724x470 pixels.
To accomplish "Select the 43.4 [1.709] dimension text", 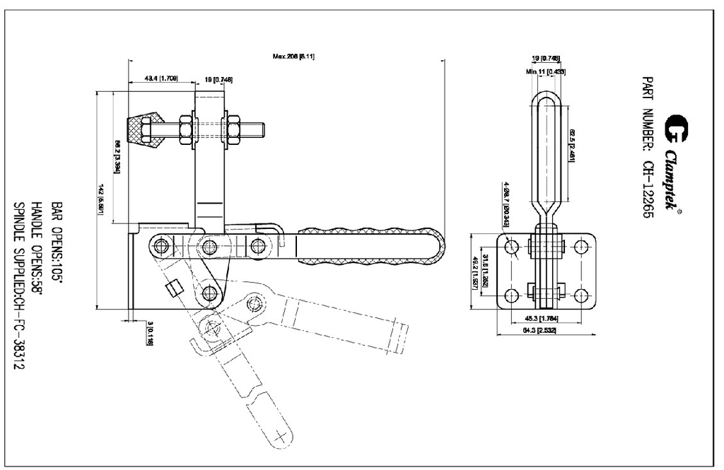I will pyautogui.click(x=161, y=78).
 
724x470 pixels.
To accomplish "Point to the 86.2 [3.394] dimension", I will pyautogui.click(x=117, y=156).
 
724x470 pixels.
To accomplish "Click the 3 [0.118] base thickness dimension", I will pyautogui.click(x=150, y=331).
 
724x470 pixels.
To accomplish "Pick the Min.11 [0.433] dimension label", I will pyautogui.click(x=545, y=71).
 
